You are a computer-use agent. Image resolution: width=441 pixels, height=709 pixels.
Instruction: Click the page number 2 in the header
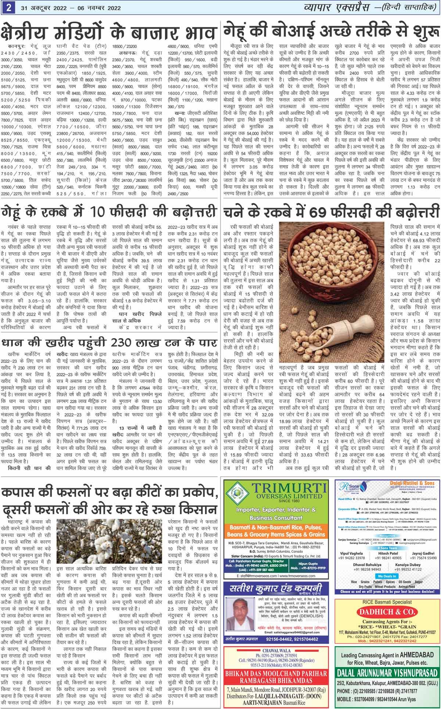click(7, 7)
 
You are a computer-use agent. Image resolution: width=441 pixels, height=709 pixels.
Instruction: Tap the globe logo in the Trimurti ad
click(237, 492)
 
